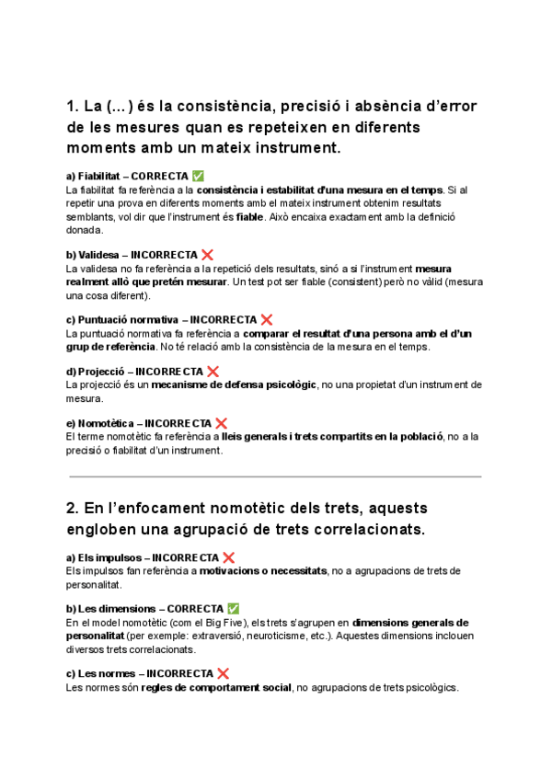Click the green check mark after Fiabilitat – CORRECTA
[x=199, y=176]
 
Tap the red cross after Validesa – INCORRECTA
[x=208, y=254]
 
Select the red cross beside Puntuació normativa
[x=267, y=319]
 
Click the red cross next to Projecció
[x=213, y=372]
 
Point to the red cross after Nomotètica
[x=221, y=423]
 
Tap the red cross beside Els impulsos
[x=228, y=557]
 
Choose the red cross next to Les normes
[x=223, y=673]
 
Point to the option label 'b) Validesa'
[x=92, y=254]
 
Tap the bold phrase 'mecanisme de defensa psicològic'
[x=234, y=385]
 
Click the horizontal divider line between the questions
[x=275, y=476]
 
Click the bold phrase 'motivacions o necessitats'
[x=263, y=571]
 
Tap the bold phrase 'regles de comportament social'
[x=216, y=688]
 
